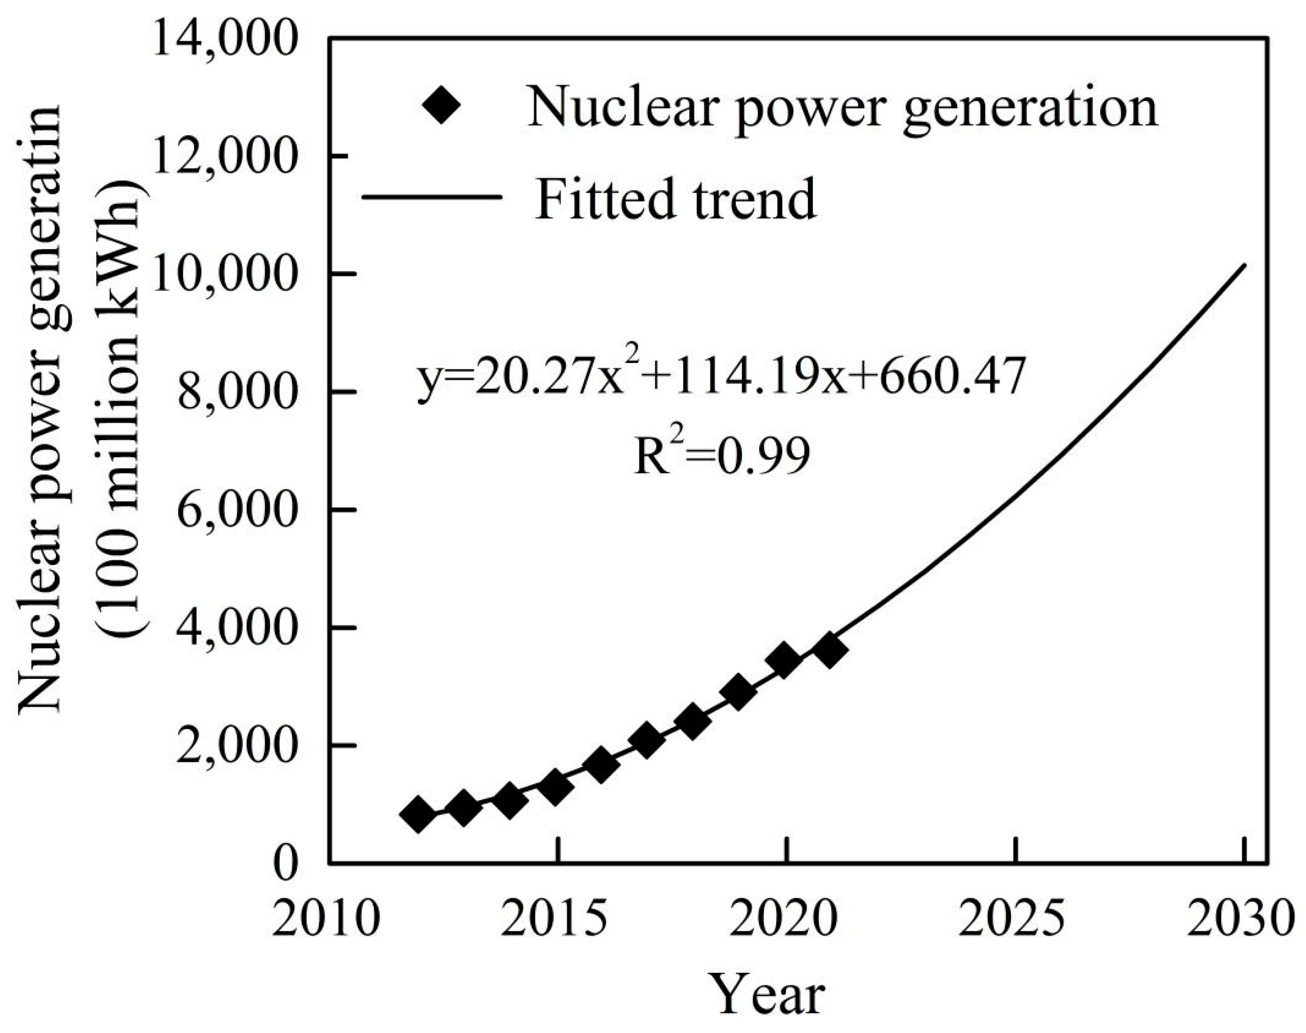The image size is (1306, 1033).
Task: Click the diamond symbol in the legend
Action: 442,105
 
